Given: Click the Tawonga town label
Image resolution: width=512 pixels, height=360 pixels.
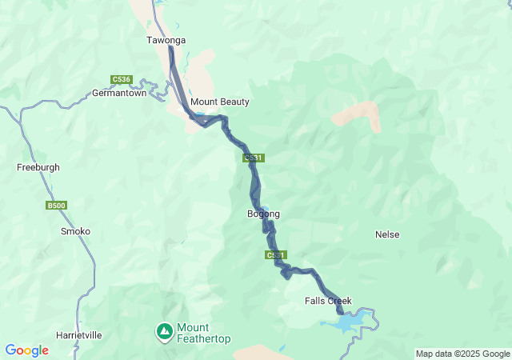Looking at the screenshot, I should coord(166,39).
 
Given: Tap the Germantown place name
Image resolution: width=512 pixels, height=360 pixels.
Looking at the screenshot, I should coord(119,93).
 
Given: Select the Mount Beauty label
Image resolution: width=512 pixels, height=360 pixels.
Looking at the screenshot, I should coord(219,102).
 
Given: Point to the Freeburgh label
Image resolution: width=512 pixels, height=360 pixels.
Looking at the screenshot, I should coord(38,167).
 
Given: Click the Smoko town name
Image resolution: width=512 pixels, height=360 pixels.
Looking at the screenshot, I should coord(76,231).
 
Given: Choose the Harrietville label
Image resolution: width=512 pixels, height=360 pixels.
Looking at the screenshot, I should coord(79,335).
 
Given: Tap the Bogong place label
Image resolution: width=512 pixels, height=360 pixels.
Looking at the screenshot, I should coord(264,214).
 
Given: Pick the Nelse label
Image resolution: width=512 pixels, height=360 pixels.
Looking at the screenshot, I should coord(387,234).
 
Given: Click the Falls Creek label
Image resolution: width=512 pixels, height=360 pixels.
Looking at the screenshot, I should coord(328,301).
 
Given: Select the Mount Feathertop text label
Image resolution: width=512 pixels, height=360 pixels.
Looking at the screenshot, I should coord(203,334).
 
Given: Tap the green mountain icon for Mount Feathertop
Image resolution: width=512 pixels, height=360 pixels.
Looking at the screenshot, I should coord(164,330).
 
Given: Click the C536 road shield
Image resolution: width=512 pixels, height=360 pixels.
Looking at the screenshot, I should coord(121,79).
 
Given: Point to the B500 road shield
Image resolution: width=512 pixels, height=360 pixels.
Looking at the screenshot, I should coord(56,206).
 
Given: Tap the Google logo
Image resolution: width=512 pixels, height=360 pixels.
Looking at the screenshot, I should coord(26,350).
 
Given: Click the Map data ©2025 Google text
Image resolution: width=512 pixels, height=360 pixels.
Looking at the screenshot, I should coord(462,354).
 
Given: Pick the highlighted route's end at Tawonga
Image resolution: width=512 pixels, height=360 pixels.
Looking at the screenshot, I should coord(170,48).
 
